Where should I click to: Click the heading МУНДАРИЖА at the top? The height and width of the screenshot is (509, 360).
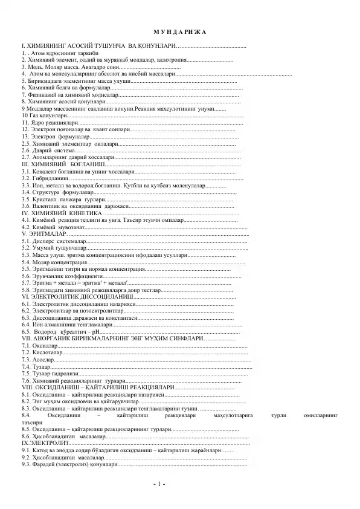click(180, 31)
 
